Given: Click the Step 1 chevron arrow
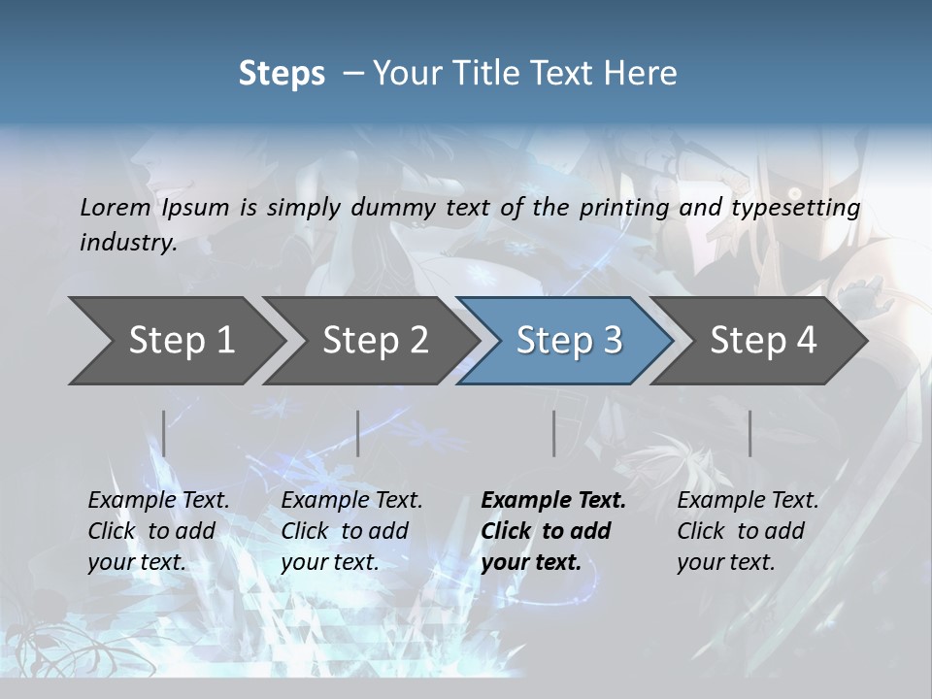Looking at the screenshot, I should pyautogui.click(x=175, y=341).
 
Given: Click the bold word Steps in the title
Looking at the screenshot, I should pyautogui.click(x=282, y=73).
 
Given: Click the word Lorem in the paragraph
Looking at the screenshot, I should pyautogui.click(x=115, y=207).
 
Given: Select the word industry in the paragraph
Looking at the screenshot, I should pyautogui.click(x=127, y=242).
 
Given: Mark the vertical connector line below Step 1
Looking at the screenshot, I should pyautogui.click(x=164, y=433).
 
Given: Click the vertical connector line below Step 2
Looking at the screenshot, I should pyautogui.click(x=358, y=433).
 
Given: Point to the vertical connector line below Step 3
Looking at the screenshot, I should pyautogui.click(x=554, y=433).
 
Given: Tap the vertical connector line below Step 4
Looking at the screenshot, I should pyautogui.click(x=750, y=433).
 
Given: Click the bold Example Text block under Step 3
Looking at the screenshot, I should pyautogui.click(x=552, y=531).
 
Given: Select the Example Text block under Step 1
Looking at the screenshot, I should pyautogui.click(x=158, y=531).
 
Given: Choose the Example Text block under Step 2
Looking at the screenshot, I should pyautogui.click(x=351, y=531).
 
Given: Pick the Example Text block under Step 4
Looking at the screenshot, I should pyautogui.click(x=748, y=531).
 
